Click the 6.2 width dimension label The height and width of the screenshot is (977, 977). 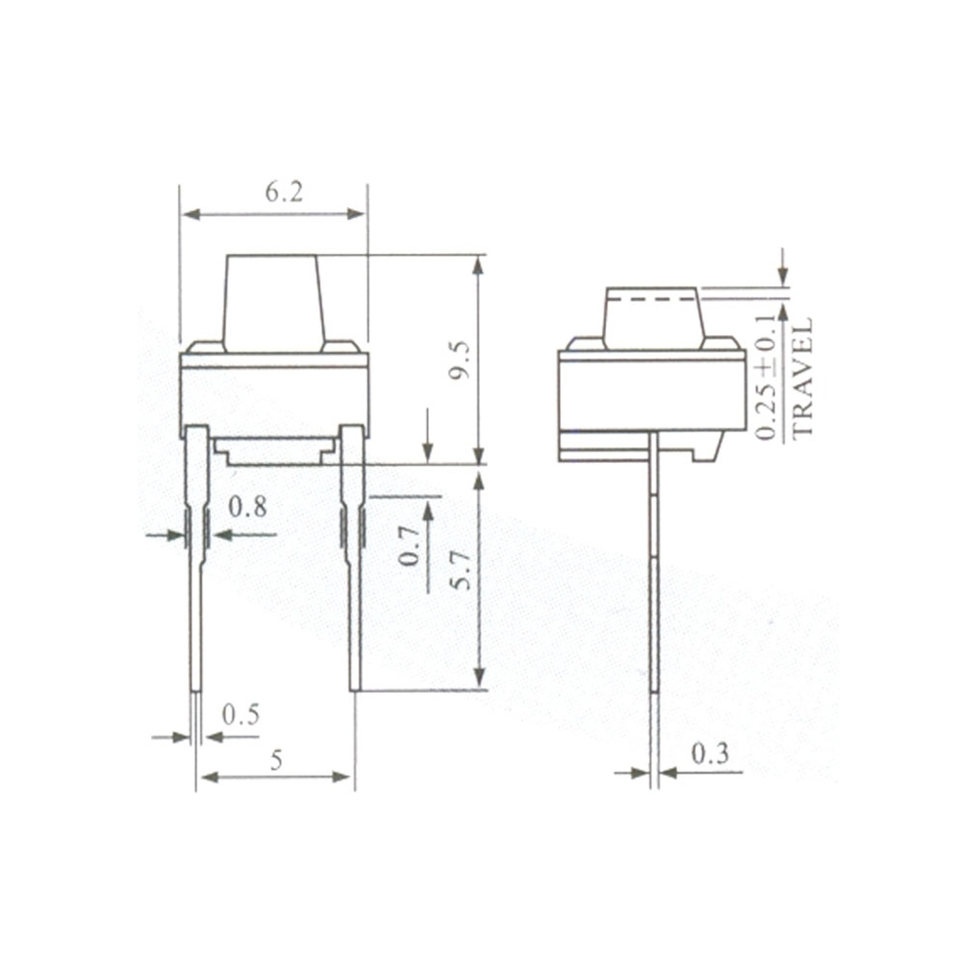[x=283, y=191]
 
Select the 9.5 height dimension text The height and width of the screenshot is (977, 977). [x=462, y=360]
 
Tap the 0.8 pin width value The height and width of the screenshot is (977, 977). [x=247, y=508]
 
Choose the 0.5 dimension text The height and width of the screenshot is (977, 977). [x=240, y=715]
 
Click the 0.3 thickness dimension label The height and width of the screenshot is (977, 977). [x=709, y=753]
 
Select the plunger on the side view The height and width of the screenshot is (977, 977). [x=652, y=319]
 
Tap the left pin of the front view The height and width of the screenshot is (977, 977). [x=197, y=567]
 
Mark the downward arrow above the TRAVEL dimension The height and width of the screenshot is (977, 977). [x=783, y=265]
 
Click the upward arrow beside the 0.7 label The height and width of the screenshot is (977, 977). [x=428, y=518]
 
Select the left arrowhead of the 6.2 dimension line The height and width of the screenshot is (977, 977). [x=190, y=214]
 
